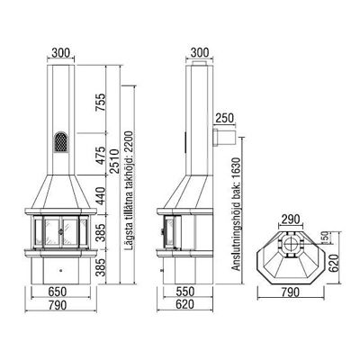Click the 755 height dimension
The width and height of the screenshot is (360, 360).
point(101,103)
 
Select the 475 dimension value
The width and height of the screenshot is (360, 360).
point(101,155)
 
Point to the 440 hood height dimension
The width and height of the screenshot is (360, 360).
point(101,195)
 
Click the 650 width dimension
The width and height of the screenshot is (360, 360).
point(57,292)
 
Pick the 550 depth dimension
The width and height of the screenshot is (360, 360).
point(184,292)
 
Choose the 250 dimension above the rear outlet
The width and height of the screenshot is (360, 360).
point(224,119)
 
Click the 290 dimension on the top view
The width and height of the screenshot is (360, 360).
point(290,220)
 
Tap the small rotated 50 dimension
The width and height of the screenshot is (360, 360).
point(324,237)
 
